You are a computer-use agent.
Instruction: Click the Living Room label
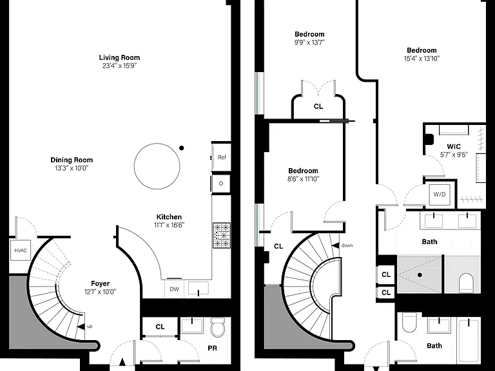[x=119, y=57]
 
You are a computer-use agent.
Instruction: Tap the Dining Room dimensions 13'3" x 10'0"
[x=72, y=168]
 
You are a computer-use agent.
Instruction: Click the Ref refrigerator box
[x=221, y=157]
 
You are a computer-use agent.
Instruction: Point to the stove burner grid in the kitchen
[x=222, y=235]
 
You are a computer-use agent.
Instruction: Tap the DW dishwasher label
[x=174, y=289]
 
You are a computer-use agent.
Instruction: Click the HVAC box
[x=21, y=251]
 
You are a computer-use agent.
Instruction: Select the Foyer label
[x=101, y=283]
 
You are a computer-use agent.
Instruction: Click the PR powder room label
[x=213, y=348]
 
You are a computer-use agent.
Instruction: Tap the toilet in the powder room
[x=217, y=327]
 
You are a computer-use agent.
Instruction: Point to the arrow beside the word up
[x=81, y=327]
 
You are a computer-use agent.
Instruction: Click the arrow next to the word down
[x=335, y=245]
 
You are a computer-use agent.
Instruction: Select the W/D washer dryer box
[x=440, y=195]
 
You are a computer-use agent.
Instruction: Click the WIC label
[x=454, y=146]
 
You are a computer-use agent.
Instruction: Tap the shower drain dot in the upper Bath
[x=420, y=275]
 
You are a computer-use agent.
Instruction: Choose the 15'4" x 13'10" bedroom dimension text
[x=422, y=59]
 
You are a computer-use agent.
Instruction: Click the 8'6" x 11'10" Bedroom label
[x=304, y=171]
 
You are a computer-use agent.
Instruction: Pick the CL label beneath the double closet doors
[x=318, y=106]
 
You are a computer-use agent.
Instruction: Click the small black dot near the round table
[x=181, y=148]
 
